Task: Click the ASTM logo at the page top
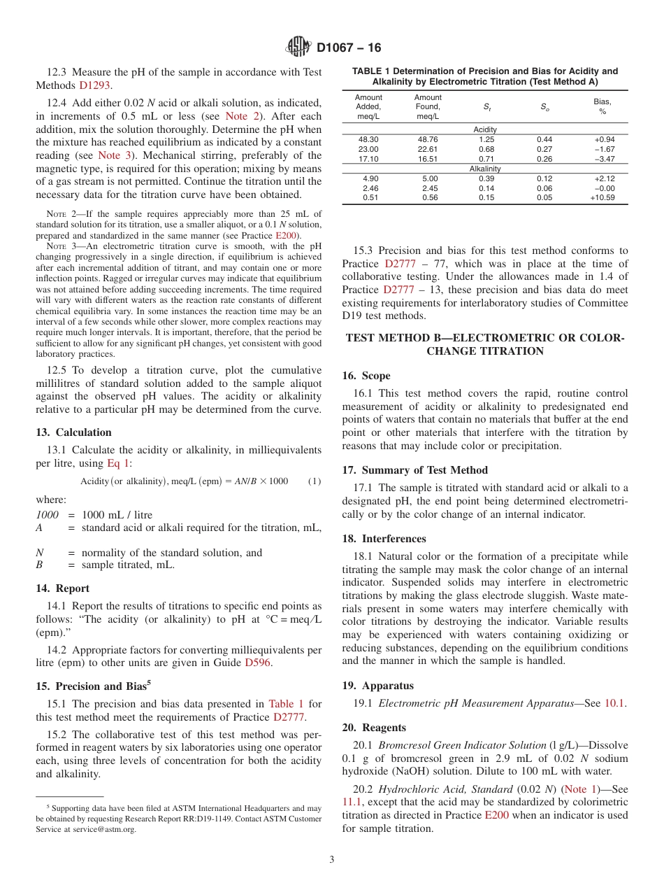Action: [x=298, y=48]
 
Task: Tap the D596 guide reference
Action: [x=257, y=663]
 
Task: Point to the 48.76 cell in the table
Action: [x=428, y=139]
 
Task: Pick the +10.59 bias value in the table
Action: [x=602, y=198]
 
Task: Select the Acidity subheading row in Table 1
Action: [x=485, y=129]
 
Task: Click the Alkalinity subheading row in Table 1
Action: [x=485, y=169]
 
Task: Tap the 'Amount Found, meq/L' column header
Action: [x=428, y=107]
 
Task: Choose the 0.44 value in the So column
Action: [x=544, y=139]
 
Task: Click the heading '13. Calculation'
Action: [x=73, y=432]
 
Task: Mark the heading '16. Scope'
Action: [x=366, y=376]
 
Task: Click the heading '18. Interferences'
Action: [x=384, y=539]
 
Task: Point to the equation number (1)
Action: [x=315, y=481]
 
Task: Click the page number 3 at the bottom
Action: [x=332, y=860]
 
